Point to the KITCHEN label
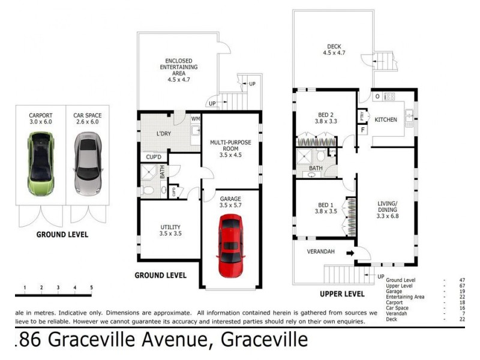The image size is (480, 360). click(386, 119)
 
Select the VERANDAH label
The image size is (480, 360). click(320, 251)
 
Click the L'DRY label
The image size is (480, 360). click(164, 133)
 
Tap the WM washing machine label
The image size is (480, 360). click(196, 119)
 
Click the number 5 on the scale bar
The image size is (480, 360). click(91, 288)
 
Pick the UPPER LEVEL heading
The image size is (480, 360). click(341, 294)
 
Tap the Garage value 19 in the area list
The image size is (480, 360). click(461, 291)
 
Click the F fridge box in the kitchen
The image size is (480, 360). click(362, 130)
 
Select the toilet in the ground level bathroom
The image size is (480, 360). click(148, 191)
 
